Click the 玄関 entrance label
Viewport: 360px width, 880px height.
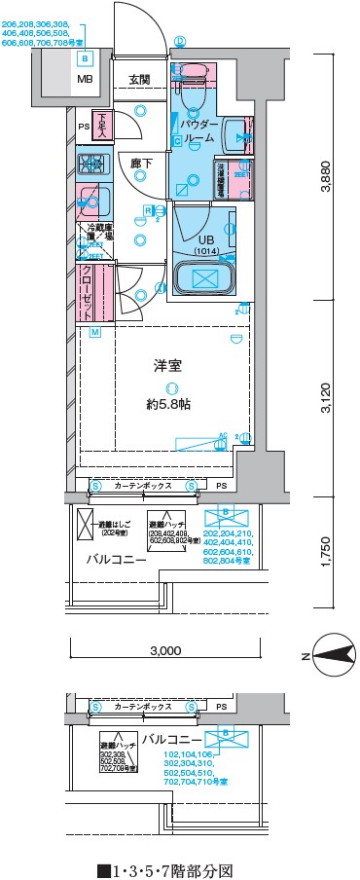pos(139,80)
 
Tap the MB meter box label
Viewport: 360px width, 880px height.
pos(86,80)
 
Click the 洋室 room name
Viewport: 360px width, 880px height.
pos(167,367)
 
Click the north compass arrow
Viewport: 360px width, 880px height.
pos(332,657)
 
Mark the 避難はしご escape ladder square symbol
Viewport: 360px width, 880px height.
pos(84,520)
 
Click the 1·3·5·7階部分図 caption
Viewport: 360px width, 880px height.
pos(165,869)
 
